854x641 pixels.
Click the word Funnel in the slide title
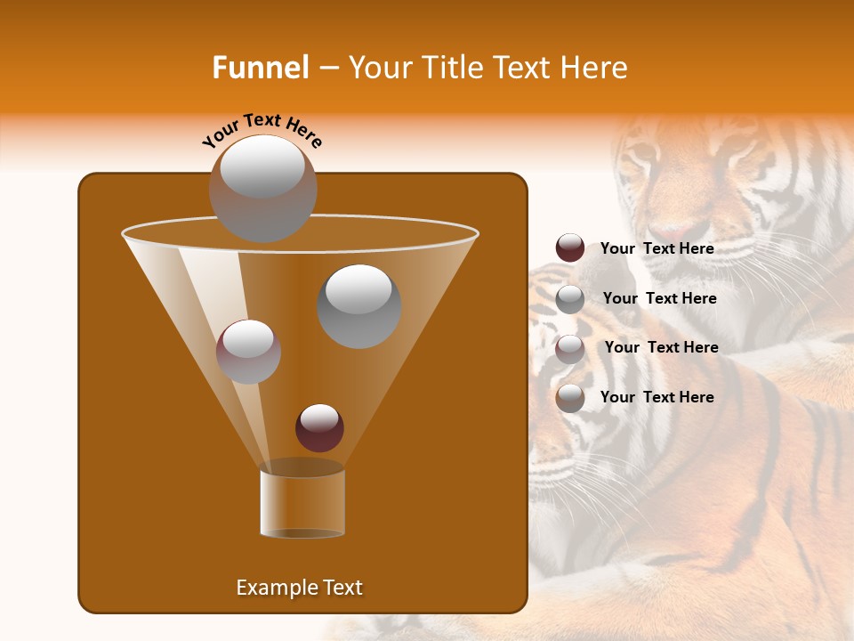[x=260, y=68]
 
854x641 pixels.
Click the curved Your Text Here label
[x=262, y=129]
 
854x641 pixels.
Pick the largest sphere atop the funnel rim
[x=262, y=188]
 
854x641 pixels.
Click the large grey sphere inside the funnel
[x=359, y=305]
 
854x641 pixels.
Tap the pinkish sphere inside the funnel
[x=248, y=351]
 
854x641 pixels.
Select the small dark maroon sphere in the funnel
[x=319, y=427]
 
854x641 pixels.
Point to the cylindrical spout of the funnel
[x=302, y=503]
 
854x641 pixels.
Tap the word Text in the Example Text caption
[x=342, y=588]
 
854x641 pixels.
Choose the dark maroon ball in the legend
[x=570, y=248]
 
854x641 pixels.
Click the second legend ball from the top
[x=570, y=299]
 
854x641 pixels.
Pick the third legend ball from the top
[x=570, y=349]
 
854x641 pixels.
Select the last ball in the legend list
[x=570, y=398]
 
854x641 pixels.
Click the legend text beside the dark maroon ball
[x=657, y=248]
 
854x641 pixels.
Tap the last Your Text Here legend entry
[x=657, y=397]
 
